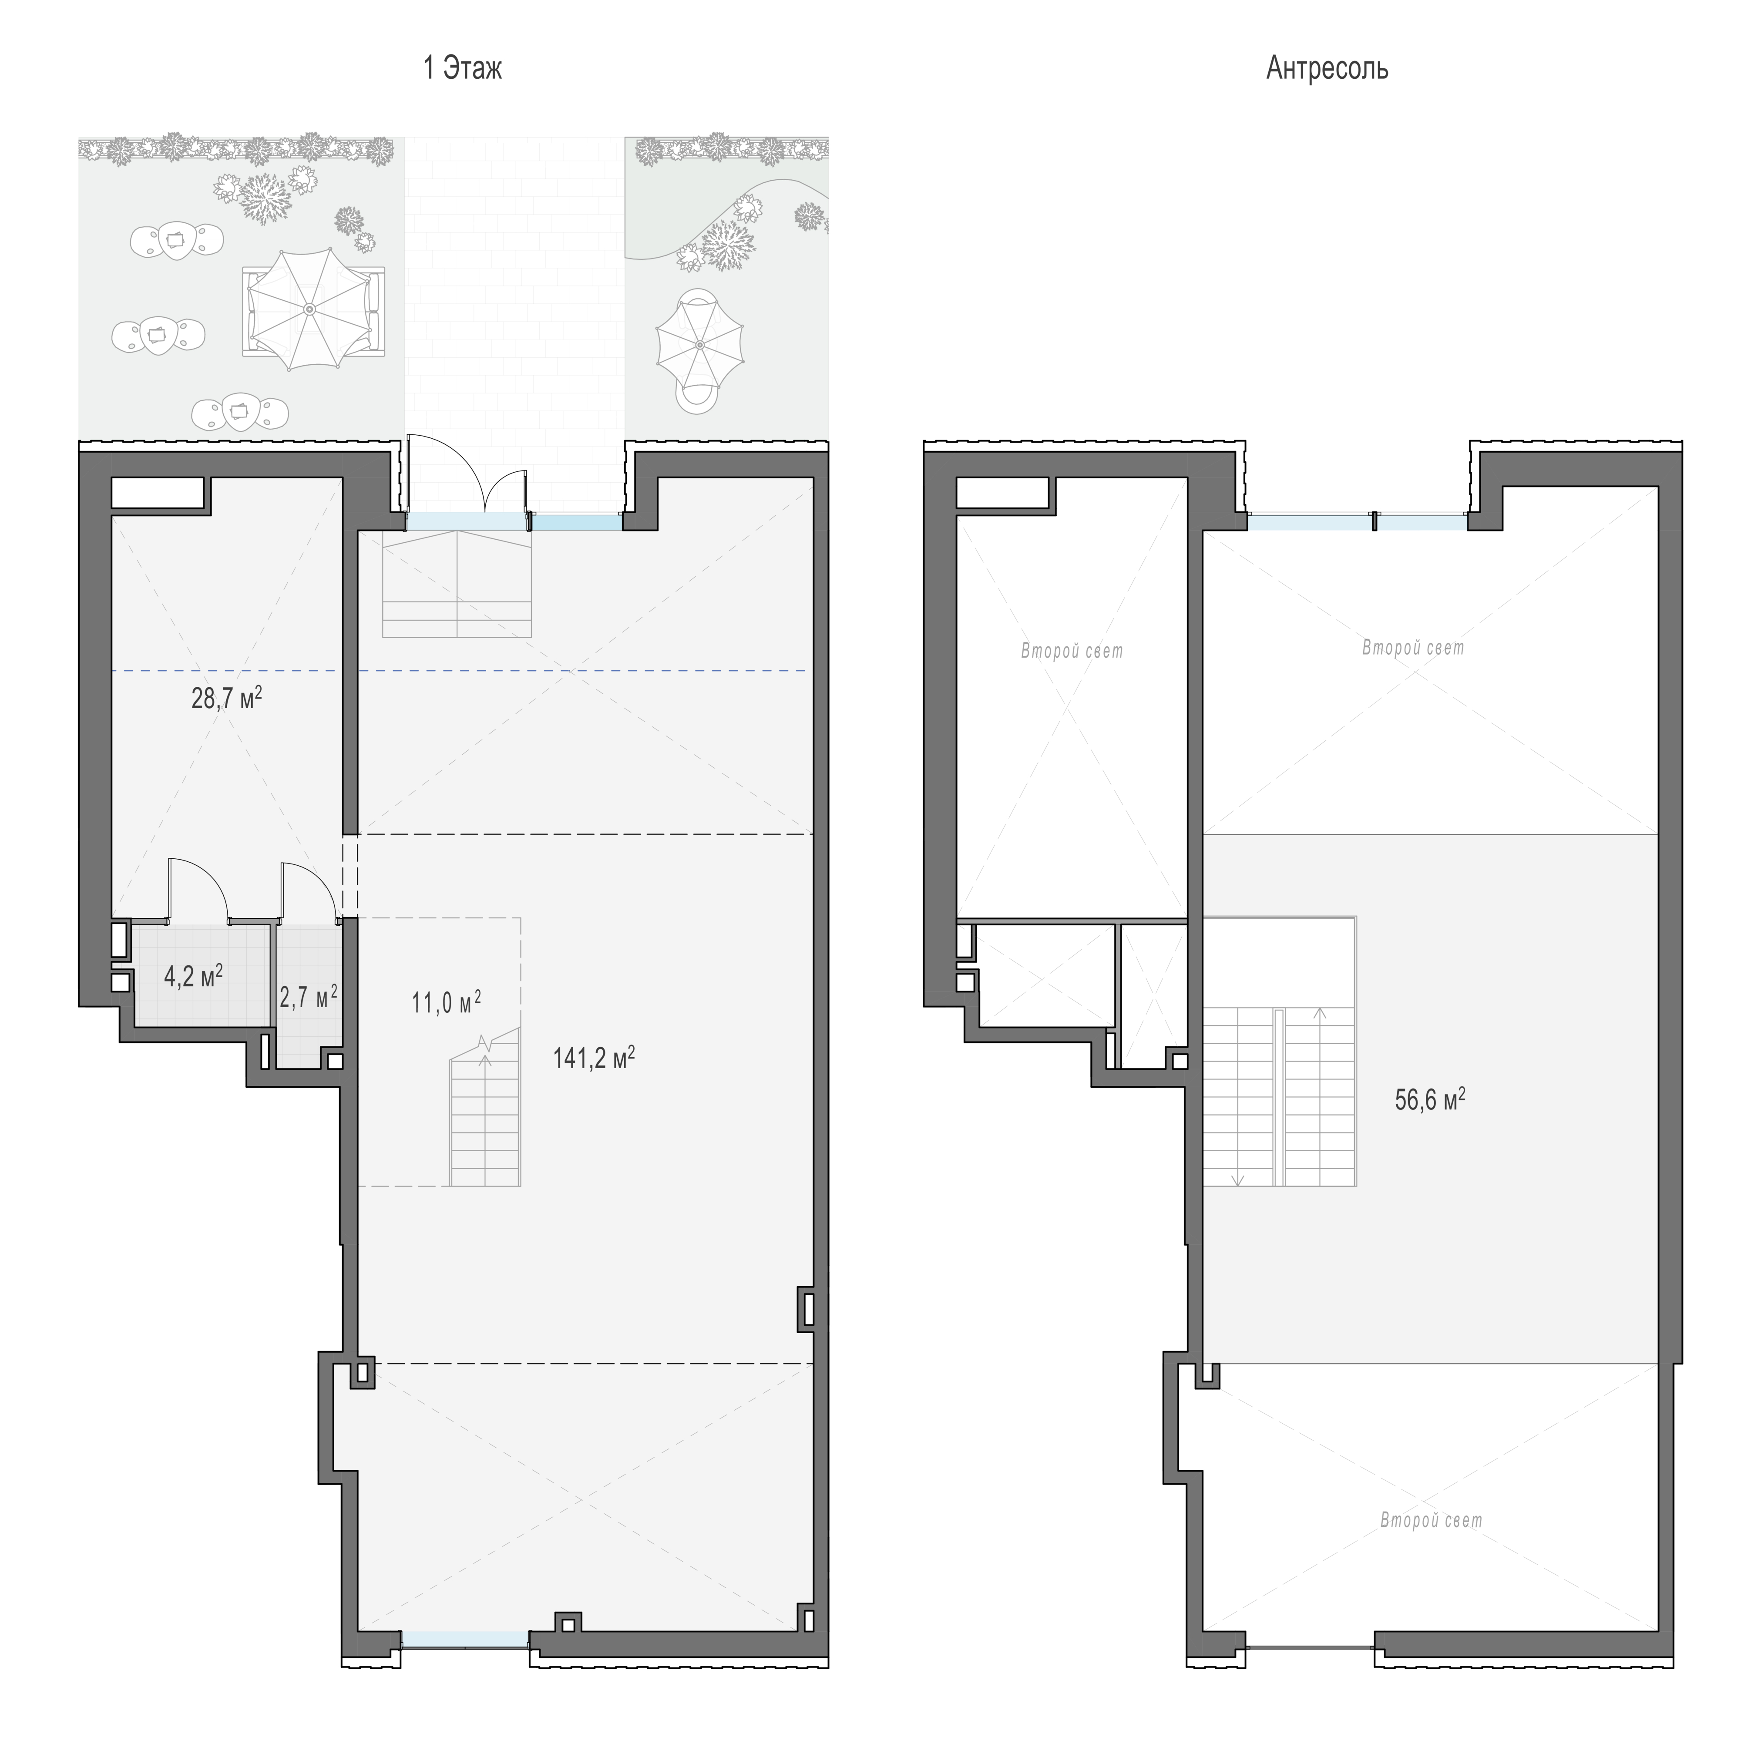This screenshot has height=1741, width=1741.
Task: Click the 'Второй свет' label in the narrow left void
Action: tap(1072, 651)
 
